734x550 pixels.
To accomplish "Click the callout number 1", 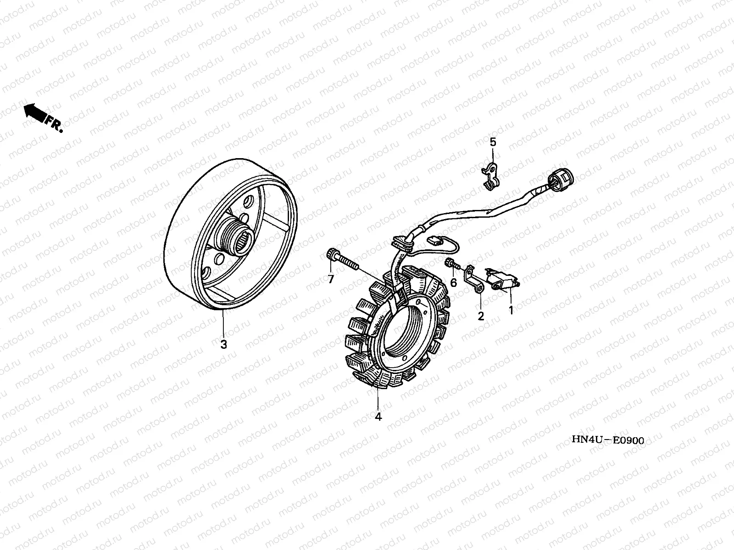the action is [x=511, y=310].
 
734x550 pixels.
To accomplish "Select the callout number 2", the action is [x=481, y=316].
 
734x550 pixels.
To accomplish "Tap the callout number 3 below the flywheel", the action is [x=223, y=345].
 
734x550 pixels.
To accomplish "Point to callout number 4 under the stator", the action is [x=378, y=417].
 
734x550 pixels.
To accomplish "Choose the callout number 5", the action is [x=493, y=142].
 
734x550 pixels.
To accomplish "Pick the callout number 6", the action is [x=453, y=283].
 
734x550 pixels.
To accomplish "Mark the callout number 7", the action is [x=330, y=278].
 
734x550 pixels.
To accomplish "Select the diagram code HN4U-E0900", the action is [x=607, y=440].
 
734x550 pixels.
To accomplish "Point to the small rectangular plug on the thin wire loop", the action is [x=433, y=240].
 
